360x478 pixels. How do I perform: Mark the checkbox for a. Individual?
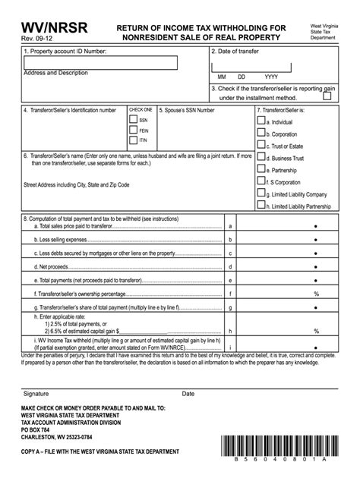tap(261, 120)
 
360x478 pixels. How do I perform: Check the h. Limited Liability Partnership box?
tap(261, 204)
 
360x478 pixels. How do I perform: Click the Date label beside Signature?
tap(188, 394)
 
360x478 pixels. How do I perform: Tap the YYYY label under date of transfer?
tap(270, 77)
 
